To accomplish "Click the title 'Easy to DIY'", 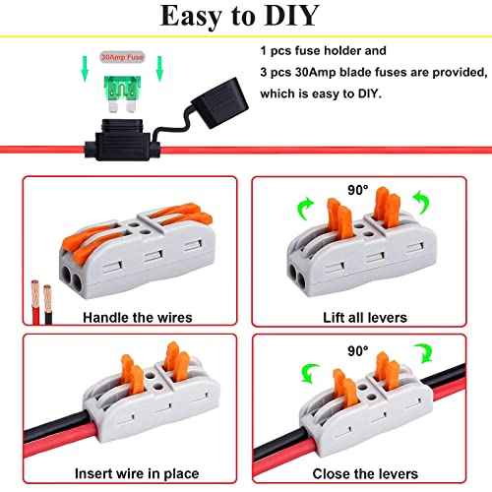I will tap(245, 19).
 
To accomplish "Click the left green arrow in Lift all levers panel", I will tap(303, 206).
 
